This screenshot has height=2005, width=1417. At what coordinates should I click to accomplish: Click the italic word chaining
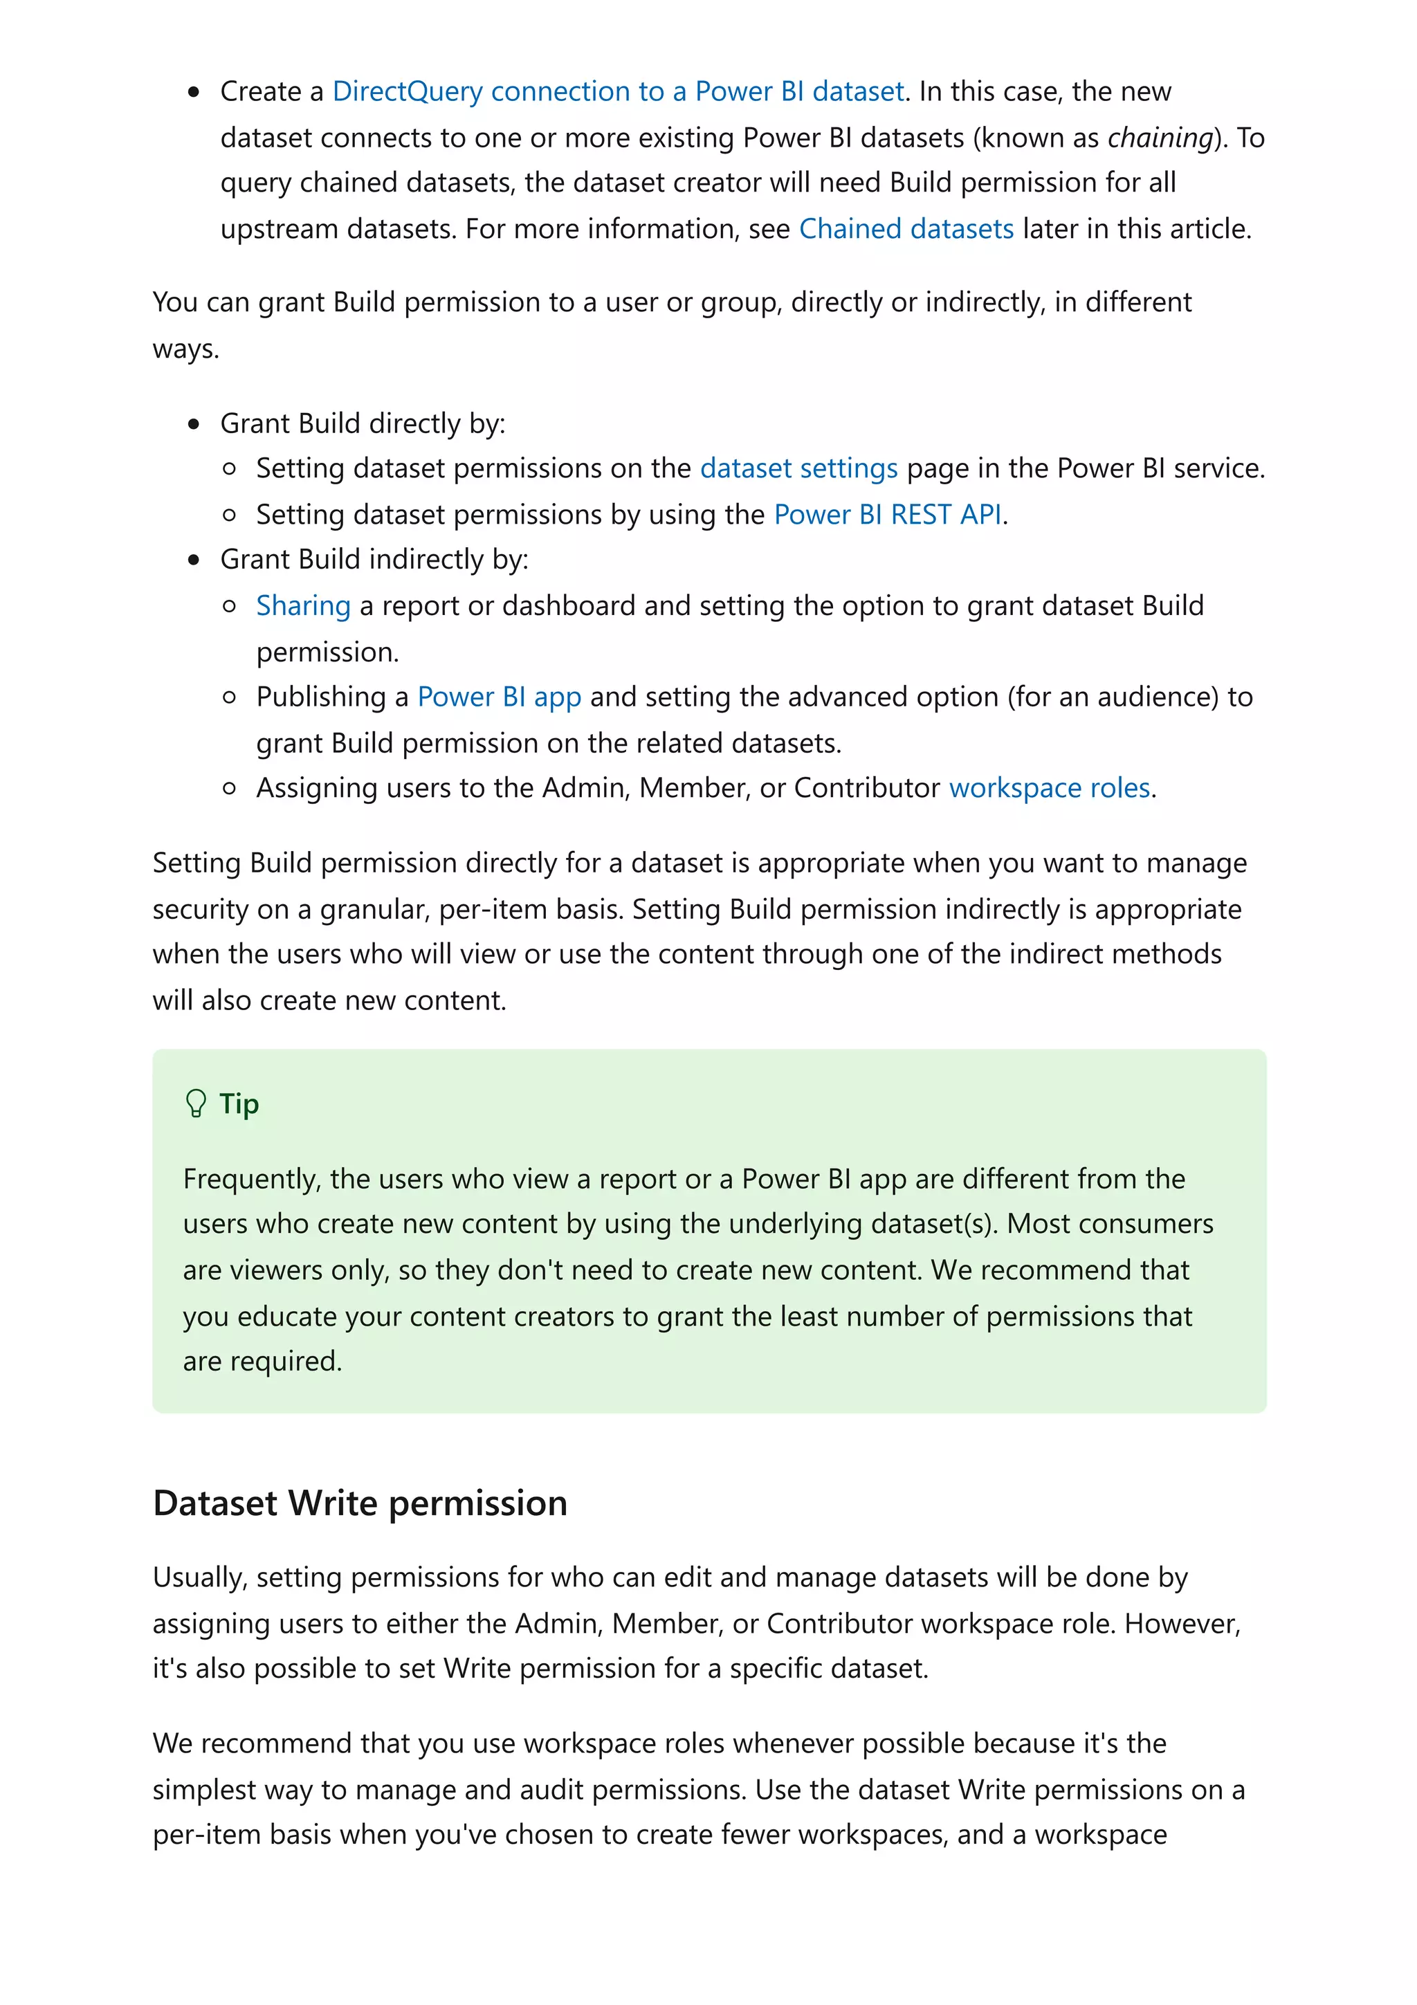(x=1160, y=137)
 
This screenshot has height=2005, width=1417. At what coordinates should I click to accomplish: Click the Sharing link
(x=303, y=605)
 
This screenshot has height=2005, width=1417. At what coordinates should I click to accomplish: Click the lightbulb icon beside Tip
(x=196, y=1103)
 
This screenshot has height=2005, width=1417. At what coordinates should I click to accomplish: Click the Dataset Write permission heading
(x=360, y=1503)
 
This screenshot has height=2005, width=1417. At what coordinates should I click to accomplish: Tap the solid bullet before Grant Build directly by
(x=194, y=424)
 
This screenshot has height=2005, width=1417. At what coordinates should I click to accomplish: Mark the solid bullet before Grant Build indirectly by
(x=194, y=560)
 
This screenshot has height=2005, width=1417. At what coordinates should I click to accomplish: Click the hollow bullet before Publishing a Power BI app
(x=230, y=697)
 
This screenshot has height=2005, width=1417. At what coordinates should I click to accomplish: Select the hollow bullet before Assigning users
(x=230, y=789)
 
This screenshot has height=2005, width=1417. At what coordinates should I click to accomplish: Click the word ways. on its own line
(x=186, y=349)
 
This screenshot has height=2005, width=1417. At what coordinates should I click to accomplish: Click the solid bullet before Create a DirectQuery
(x=194, y=93)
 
